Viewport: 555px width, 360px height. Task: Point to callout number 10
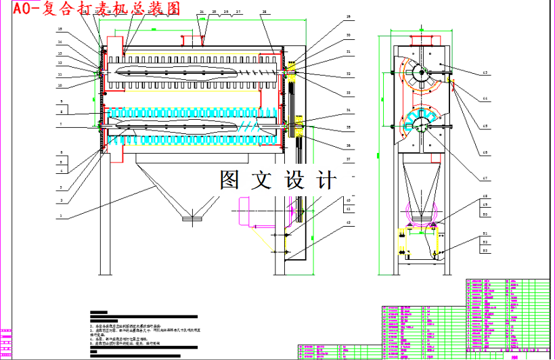point(60,85)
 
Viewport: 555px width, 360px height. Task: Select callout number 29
point(349,16)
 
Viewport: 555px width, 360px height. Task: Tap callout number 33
point(349,92)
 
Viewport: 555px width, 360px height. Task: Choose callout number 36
point(349,145)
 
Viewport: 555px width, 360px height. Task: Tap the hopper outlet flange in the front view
point(192,218)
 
